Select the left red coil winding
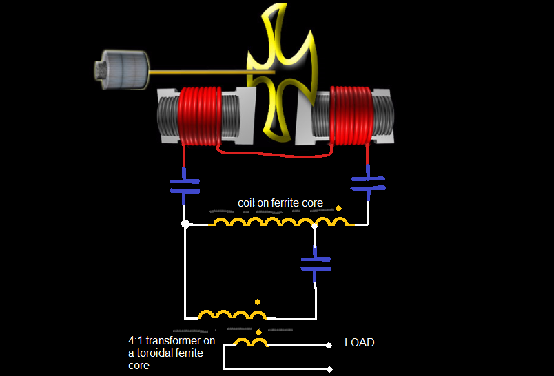(x=200, y=116)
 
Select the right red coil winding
(x=351, y=116)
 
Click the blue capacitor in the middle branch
(x=316, y=264)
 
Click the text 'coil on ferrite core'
(x=280, y=203)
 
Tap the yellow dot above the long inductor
(x=338, y=207)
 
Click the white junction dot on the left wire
(x=185, y=224)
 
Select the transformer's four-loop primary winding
(x=232, y=315)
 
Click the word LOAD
(x=359, y=342)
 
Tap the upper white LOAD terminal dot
(x=329, y=345)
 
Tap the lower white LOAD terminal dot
(x=329, y=368)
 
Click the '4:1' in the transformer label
(x=137, y=341)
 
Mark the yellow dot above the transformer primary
(x=257, y=302)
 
